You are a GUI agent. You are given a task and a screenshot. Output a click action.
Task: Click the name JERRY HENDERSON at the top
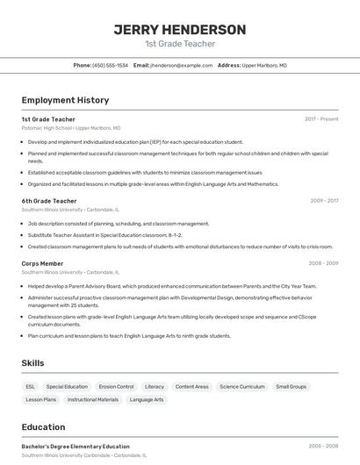tap(179, 30)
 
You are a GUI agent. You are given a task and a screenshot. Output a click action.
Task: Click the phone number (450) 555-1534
tap(110, 65)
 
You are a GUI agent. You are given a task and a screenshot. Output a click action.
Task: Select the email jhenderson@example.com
tap(181, 65)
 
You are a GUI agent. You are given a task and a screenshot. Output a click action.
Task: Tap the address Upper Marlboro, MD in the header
tap(264, 65)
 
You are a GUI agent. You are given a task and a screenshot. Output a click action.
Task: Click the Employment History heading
tap(65, 100)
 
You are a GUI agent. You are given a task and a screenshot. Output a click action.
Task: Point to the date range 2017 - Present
tap(321, 118)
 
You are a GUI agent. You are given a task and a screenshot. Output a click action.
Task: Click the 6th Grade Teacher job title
tap(49, 201)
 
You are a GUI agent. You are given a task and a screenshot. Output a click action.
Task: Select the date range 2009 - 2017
tap(324, 201)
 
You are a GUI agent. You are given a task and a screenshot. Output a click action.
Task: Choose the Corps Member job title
tap(42, 263)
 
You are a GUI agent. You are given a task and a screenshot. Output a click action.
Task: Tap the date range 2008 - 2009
tap(324, 263)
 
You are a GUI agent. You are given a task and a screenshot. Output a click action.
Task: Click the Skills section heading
tap(33, 362)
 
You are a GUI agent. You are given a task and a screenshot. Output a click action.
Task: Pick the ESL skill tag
tap(31, 386)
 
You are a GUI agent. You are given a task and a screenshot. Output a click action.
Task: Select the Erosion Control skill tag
tap(116, 386)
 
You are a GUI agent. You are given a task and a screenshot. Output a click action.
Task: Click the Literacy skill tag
tap(155, 386)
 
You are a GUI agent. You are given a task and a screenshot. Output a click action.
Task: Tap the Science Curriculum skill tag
tap(241, 386)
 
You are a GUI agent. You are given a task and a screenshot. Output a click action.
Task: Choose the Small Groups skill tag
tap(292, 386)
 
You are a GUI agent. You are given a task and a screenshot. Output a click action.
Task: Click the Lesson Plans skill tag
tap(41, 399)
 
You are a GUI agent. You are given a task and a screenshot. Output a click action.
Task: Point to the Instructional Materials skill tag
tap(93, 399)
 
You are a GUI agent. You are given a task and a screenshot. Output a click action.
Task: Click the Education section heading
tap(45, 427)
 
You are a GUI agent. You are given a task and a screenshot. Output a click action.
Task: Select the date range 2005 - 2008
tap(324, 446)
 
